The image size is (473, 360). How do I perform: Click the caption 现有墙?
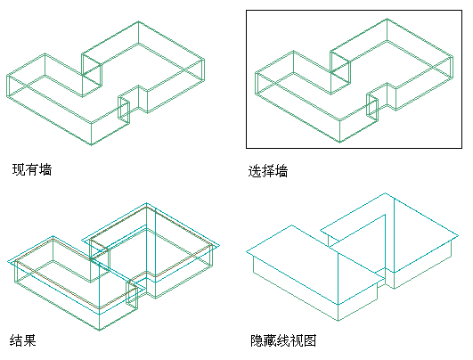pos(32,169)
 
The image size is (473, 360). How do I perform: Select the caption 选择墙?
pos(268,171)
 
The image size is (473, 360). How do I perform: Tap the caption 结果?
pos(23,340)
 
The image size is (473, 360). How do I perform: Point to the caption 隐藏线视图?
pos(283,340)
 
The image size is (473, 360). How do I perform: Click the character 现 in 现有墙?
pos(19,169)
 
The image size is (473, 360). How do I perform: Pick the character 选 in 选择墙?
pos(254,171)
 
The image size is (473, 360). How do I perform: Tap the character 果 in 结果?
pos(30,340)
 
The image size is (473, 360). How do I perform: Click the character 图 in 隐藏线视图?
pos(310,340)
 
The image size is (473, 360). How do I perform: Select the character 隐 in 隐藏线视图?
pos(257,340)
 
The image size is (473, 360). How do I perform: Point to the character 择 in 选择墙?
pos(268,171)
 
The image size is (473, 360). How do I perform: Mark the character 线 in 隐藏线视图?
pos(283,340)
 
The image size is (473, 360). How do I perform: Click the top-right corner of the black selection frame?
pos(461,11)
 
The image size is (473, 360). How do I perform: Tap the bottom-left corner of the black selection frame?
pos(247,148)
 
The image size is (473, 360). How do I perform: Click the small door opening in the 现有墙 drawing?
pos(124,110)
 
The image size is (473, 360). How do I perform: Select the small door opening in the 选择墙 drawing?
pos(372,108)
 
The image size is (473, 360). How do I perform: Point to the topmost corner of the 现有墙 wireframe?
pos(138,21)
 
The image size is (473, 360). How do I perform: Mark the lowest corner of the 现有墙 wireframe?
pos(92,145)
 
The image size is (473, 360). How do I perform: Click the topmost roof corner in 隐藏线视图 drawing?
pos(385,192)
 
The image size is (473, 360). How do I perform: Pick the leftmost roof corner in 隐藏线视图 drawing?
pos(247,251)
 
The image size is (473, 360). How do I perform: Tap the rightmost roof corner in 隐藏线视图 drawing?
pos(459,235)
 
